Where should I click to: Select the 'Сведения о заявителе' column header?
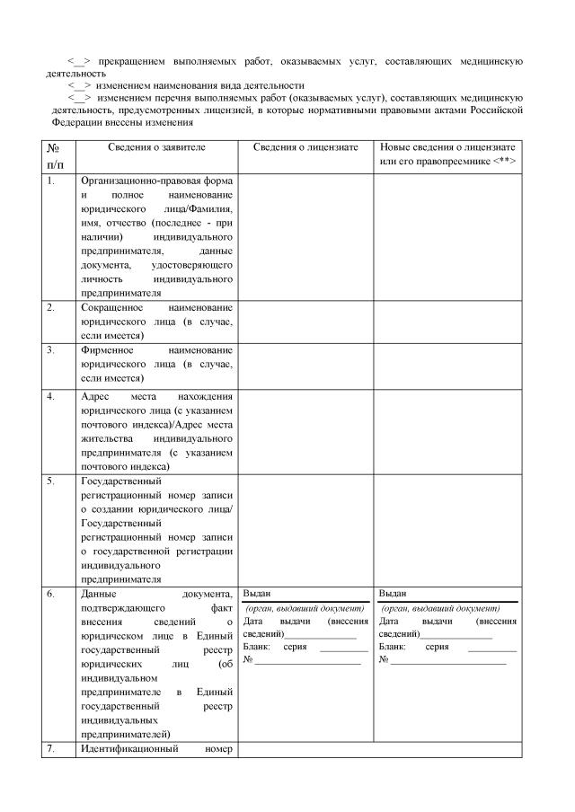(x=156, y=146)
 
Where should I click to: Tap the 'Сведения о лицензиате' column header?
(x=305, y=146)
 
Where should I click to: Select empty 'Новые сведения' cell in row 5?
(x=447, y=529)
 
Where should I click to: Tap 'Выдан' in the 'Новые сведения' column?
(x=393, y=594)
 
